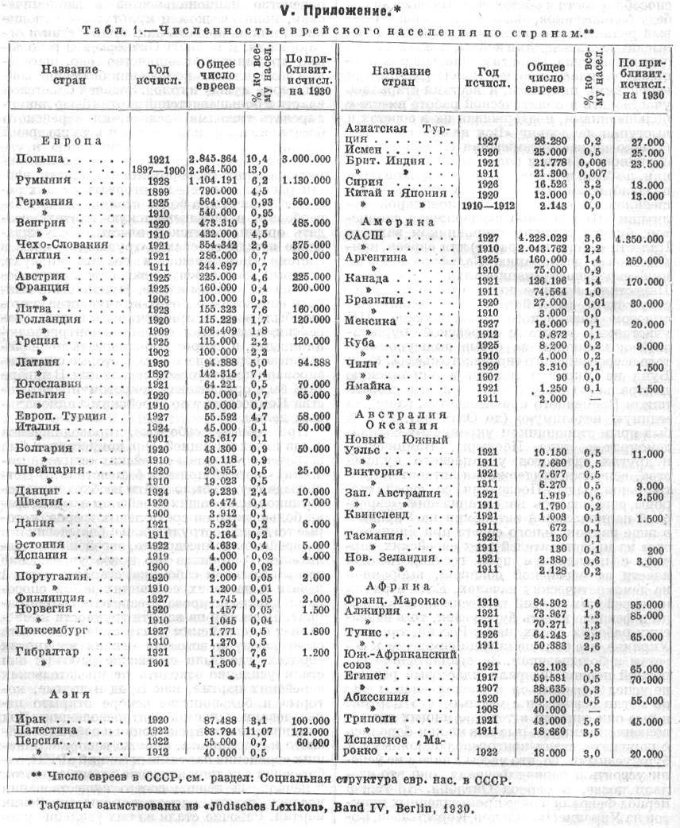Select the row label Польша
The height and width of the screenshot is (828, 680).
coord(41,159)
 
